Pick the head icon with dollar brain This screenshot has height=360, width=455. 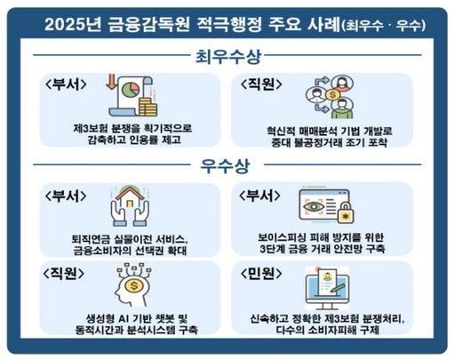tap(131, 290)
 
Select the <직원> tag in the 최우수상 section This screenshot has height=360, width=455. tap(264, 85)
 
